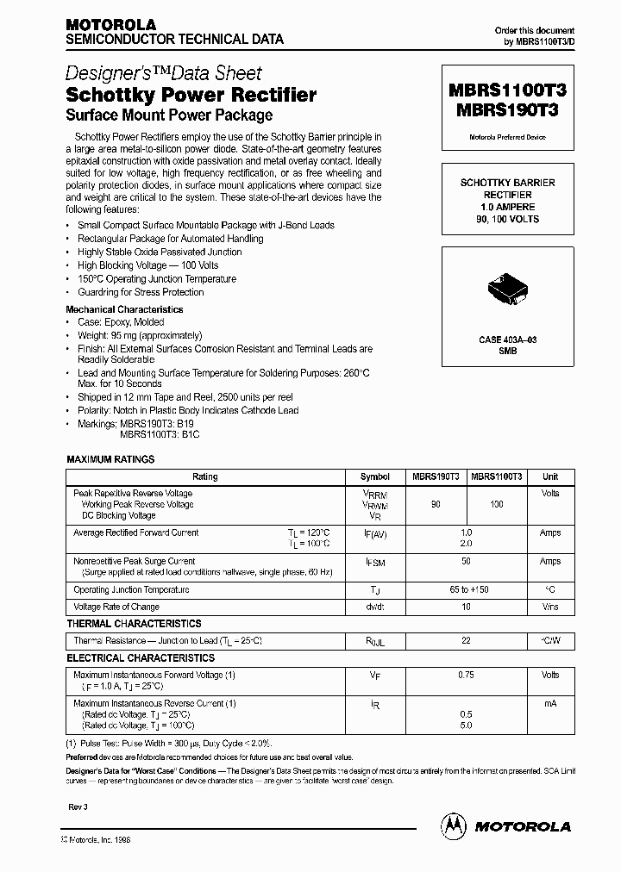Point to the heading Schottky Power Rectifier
coord(191,95)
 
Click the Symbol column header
coord(374,476)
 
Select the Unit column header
coord(549,476)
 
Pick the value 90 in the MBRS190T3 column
coord(436,504)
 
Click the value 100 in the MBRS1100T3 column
coord(497,504)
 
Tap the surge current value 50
coord(467,561)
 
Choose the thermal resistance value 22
coord(467,641)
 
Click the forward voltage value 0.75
coord(467,676)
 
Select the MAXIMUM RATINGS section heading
coord(110,459)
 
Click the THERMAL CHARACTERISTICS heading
coord(134,623)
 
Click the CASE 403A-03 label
coord(508,341)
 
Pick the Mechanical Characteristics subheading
coord(124,309)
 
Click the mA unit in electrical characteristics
coord(549,704)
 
